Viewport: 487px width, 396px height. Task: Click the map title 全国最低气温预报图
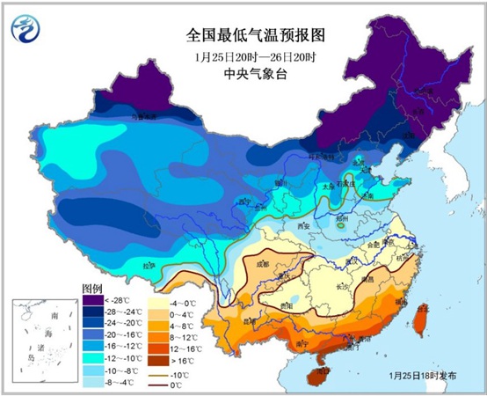[x=243, y=37]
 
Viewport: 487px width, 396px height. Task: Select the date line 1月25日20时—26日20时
[x=243, y=57]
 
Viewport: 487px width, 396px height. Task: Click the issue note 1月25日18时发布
[x=422, y=375]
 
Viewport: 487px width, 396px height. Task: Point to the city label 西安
[x=306, y=226]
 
